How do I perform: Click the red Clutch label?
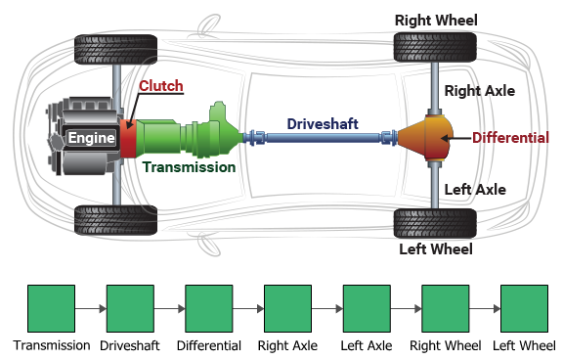tap(161, 86)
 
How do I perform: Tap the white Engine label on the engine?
tap(91, 138)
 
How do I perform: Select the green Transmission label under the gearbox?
tap(189, 167)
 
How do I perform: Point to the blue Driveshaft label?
tap(323, 124)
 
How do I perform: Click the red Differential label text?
tap(510, 138)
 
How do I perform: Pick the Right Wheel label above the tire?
tap(436, 21)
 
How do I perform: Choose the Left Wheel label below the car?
tap(436, 249)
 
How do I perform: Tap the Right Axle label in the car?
tap(479, 91)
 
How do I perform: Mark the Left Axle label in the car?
tap(475, 190)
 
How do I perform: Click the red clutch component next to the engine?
tap(129, 139)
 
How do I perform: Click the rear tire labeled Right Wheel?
tap(435, 47)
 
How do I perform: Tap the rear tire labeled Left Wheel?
tap(435, 223)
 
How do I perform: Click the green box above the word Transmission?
tap(52, 308)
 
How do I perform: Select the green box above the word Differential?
tap(209, 308)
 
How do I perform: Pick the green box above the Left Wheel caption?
tap(524, 308)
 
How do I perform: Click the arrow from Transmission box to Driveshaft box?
tap(91, 308)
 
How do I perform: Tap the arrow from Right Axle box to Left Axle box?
tap(327, 308)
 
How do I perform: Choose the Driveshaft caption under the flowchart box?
tap(130, 345)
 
